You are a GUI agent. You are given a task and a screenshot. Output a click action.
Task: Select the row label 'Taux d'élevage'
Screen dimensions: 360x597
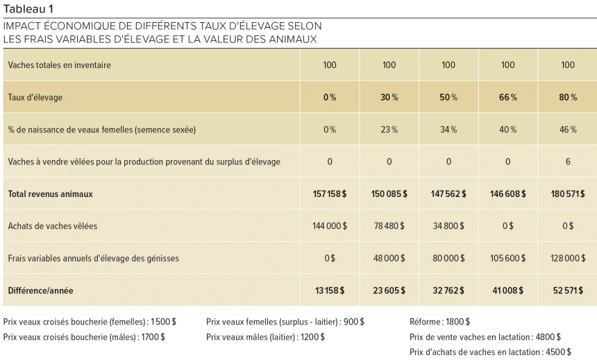click(x=35, y=97)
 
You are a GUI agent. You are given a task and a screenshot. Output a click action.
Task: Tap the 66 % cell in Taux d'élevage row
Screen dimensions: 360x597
click(x=508, y=97)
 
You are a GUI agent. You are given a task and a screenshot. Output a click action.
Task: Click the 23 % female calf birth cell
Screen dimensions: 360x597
click(x=389, y=130)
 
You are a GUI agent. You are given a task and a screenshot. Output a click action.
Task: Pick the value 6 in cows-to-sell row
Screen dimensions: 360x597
click(x=567, y=162)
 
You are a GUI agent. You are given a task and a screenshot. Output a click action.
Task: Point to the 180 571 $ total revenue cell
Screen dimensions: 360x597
click(x=567, y=194)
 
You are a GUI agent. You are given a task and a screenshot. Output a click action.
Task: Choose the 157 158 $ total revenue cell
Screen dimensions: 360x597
click(x=330, y=194)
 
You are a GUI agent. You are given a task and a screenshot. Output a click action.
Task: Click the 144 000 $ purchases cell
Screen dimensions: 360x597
click(x=330, y=226)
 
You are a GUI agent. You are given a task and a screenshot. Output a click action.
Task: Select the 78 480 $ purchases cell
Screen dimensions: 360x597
click(x=389, y=226)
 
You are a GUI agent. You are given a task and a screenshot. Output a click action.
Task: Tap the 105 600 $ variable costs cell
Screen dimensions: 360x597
click(x=508, y=258)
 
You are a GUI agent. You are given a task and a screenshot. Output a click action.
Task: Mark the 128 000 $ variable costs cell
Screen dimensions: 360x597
click(x=567, y=258)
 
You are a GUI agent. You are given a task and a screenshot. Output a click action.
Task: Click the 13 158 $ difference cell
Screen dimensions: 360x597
click(x=330, y=291)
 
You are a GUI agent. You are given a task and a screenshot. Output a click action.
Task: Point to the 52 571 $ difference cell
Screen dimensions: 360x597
click(x=567, y=291)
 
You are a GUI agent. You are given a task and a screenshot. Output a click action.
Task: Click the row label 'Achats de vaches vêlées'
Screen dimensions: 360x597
click(x=50, y=226)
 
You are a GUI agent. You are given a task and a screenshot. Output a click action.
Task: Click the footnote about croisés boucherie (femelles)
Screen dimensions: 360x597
click(x=90, y=322)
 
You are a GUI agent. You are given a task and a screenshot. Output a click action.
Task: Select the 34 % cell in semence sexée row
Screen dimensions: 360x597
click(x=448, y=130)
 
